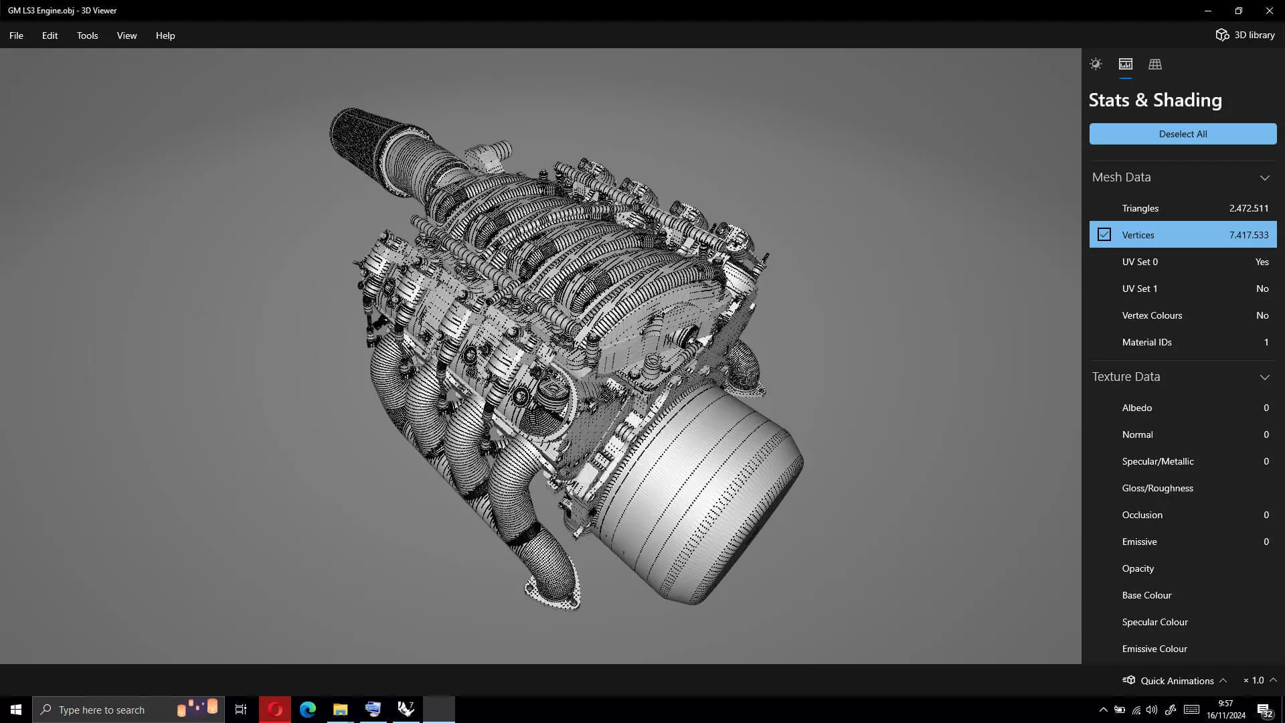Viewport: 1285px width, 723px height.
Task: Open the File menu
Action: click(x=16, y=35)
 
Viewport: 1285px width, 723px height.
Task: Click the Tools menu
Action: click(x=87, y=35)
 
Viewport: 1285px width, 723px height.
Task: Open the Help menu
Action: click(x=165, y=35)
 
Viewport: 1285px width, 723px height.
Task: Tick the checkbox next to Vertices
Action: click(x=1104, y=235)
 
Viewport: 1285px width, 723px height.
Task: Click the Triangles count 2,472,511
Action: click(x=1248, y=208)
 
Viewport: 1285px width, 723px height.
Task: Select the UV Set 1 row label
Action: click(x=1139, y=289)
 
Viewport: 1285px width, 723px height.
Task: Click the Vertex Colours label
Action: click(x=1152, y=315)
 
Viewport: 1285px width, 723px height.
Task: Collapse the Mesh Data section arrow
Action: click(x=1264, y=177)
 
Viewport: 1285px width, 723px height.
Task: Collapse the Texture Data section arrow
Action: click(x=1264, y=377)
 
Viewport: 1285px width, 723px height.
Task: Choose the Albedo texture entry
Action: click(x=1136, y=408)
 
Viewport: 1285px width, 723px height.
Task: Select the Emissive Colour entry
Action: click(x=1154, y=649)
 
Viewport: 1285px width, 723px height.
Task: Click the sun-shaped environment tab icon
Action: click(x=1096, y=64)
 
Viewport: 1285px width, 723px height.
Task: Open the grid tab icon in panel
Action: click(x=1155, y=64)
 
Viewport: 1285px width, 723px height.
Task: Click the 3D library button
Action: click(x=1246, y=35)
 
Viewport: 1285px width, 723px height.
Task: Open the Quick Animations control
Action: click(x=1176, y=680)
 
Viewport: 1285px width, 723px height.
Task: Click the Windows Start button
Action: click(x=16, y=710)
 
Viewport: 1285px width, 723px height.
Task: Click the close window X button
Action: click(x=1269, y=11)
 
